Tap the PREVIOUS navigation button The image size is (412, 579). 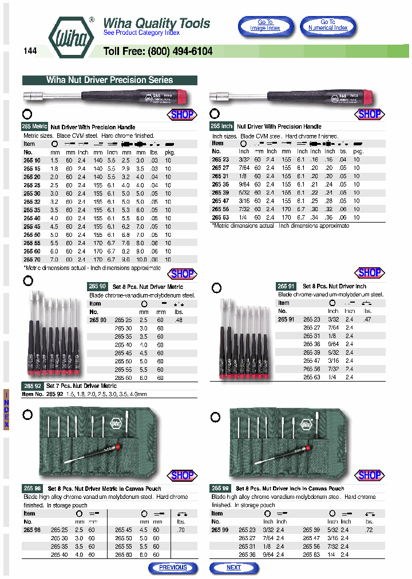point(173,568)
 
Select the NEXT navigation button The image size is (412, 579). point(233,568)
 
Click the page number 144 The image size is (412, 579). point(30,51)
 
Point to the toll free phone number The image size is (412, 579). point(158,51)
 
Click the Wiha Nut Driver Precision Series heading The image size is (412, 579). point(109,80)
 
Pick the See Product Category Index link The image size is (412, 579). point(141,33)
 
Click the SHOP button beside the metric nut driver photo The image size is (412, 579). point(183,114)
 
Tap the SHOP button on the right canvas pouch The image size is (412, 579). point(370,475)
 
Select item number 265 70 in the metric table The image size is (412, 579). point(32,259)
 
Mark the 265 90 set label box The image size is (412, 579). point(97,287)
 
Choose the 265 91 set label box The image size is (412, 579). point(286,286)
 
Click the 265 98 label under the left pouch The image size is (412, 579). point(33,489)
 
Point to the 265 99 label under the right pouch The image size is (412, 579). point(220,489)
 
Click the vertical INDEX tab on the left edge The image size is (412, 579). point(7,410)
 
